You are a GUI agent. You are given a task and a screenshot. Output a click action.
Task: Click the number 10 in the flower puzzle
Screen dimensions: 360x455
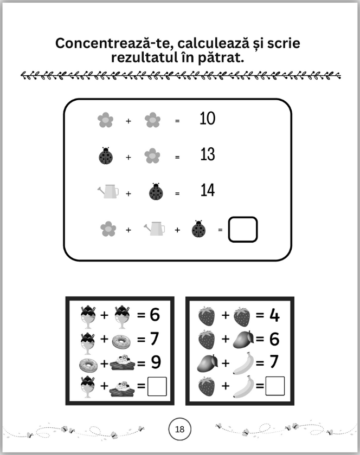click(208, 119)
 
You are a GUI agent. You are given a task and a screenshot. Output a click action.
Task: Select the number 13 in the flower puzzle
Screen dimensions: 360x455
click(208, 154)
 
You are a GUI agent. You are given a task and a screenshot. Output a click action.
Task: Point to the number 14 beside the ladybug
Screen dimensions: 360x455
click(208, 190)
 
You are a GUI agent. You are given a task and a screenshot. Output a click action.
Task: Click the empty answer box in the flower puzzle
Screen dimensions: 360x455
click(243, 230)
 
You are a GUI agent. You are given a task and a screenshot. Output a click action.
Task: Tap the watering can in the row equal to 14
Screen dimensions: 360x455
click(108, 191)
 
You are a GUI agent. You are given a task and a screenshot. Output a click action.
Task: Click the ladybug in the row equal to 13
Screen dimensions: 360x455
click(106, 156)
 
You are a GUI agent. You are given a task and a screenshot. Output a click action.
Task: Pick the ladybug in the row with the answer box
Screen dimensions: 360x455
click(199, 229)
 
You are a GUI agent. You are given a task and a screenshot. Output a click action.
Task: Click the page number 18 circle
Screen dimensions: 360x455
click(180, 429)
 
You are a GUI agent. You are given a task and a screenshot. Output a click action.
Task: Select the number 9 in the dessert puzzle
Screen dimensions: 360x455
click(156, 362)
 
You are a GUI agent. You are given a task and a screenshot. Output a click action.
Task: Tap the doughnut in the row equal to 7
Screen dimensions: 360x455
click(121, 342)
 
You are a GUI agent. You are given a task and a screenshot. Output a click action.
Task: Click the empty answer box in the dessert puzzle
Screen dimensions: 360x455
click(157, 386)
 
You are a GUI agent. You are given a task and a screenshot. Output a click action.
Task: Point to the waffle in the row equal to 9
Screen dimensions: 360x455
click(123, 363)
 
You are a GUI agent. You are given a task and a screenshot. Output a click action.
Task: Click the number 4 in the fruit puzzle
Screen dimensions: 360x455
click(274, 315)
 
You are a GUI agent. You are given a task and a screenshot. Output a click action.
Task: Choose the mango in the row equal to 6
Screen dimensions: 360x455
click(243, 339)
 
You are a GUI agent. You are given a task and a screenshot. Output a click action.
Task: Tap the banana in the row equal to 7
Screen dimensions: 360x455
click(243, 363)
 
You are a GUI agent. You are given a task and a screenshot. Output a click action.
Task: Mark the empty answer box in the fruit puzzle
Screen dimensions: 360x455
click(275, 386)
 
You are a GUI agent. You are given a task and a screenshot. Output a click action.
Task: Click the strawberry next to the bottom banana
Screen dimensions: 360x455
click(207, 387)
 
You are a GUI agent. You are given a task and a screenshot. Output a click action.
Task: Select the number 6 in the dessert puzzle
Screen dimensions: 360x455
click(155, 315)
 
